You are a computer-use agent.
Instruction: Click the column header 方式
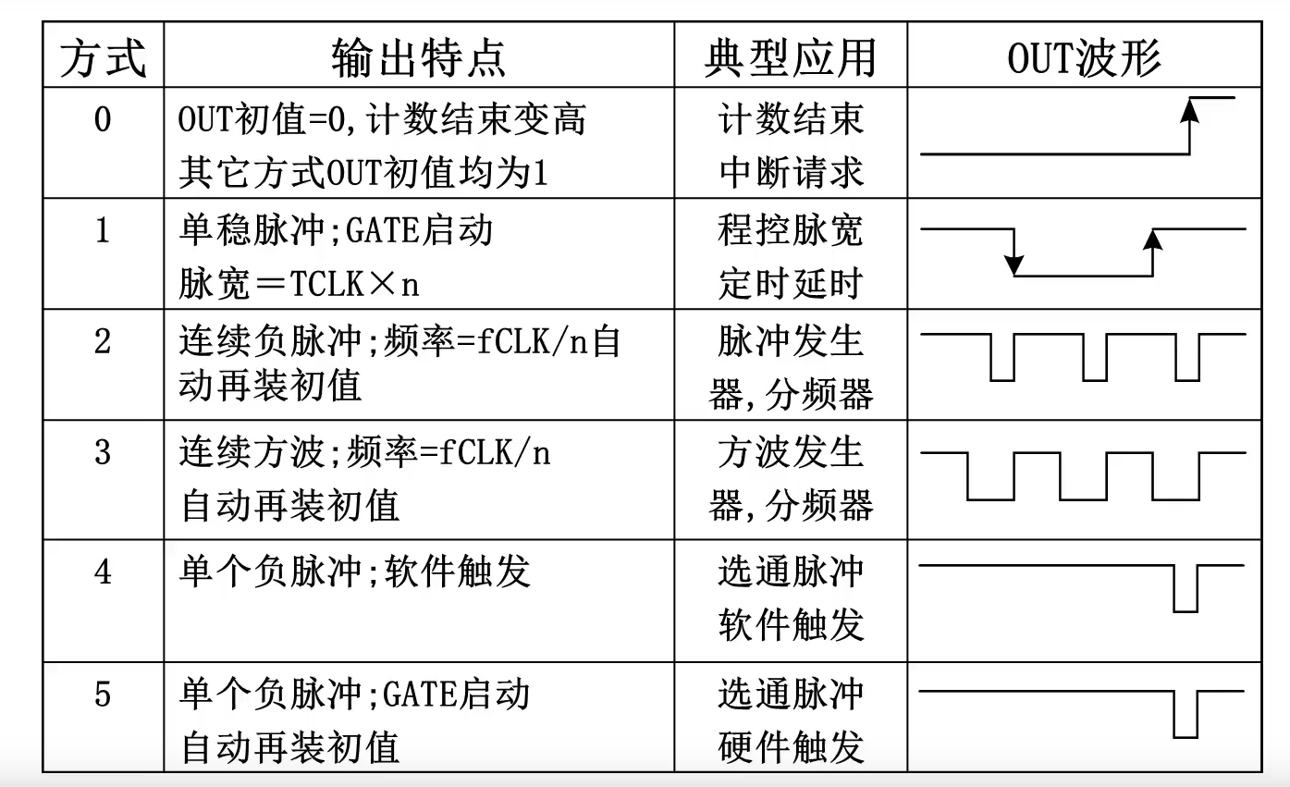pyautogui.click(x=103, y=60)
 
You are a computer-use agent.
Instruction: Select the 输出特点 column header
pyautogui.click(x=419, y=60)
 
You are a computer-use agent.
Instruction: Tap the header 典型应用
pyautogui.click(x=790, y=60)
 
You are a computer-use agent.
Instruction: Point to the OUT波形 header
pyautogui.click(x=1084, y=60)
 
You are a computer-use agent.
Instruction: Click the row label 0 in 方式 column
pyautogui.click(x=103, y=120)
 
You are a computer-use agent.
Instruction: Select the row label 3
pyautogui.click(x=103, y=453)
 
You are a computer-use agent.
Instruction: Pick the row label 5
pyautogui.click(x=103, y=694)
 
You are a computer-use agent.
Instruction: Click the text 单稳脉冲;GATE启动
pyautogui.click(x=335, y=230)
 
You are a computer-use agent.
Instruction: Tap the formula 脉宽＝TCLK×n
pyautogui.click(x=299, y=284)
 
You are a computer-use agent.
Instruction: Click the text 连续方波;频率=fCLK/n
pyautogui.click(x=364, y=453)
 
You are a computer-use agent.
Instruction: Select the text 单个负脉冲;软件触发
pyautogui.click(x=354, y=572)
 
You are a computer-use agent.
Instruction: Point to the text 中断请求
pyautogui.click(x=791, y=172)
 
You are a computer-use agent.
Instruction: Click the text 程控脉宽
pyautogui.click(x=791, y=230)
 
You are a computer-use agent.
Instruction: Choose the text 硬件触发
pyautogui.click(x=791, y=746)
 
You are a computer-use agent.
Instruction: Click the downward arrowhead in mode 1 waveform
pyautogui.click(x=1014, y=266)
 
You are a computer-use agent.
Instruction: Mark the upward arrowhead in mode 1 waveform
pyautogui.click(x=1152, y=240)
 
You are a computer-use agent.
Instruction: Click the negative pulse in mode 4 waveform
pyautogui.click(x=1186, y=591)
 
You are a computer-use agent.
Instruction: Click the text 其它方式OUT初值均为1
pyautogui.click(x=363, y=173)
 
